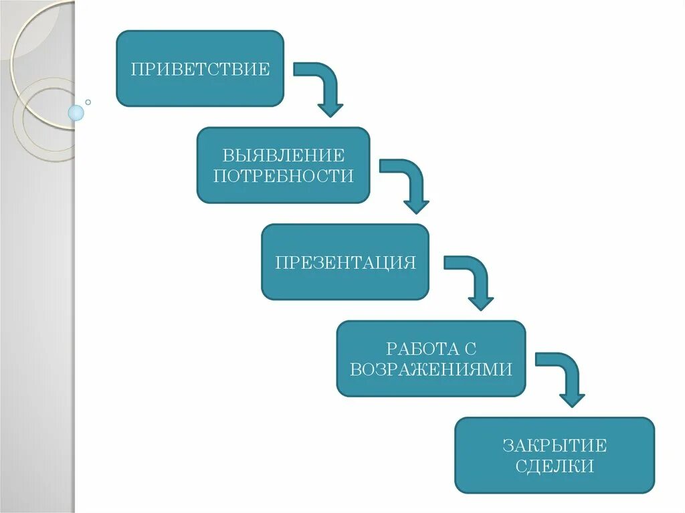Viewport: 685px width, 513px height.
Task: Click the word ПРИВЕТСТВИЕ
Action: pyautogui.click(x=200, y=69)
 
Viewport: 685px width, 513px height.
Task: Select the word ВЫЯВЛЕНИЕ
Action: pyautogui.click(x=284, y=156)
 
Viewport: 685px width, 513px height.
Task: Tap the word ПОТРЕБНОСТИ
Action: pyautogui.click(x=283, y=176)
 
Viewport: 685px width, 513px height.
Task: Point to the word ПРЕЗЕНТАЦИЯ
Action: pyautogui.click(x=345, y=262)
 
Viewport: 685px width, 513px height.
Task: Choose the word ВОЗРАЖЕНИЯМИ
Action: pyautogui.click(x=431, y=369)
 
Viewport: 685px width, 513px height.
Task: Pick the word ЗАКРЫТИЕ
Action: pyautogui.click(x=555, y=445)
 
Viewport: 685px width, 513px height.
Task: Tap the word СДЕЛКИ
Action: pyautogui.click(x=555, y=466)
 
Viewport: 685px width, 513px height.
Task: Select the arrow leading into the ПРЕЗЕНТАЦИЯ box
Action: pyautogui.click(x=407, y=184)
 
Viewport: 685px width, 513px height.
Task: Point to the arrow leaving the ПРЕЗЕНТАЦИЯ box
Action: pyautogui.click(x=473, y=280)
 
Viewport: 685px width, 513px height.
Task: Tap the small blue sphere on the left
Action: pyautogui.click(x=76, y=113)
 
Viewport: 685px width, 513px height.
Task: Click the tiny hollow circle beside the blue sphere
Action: pyautogui.click(x=88, y=102)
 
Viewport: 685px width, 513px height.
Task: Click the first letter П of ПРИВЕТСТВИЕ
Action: pyautogui.click(x=136, y=69)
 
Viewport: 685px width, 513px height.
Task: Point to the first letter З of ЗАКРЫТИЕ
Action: pyautogui.click(x=507, y=445)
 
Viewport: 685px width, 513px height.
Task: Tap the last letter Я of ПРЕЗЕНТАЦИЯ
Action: pyautogui.click(x=410, y=262)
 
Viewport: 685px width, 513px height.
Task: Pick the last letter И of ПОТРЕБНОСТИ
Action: pyautogui.click(x=347, y=176)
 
